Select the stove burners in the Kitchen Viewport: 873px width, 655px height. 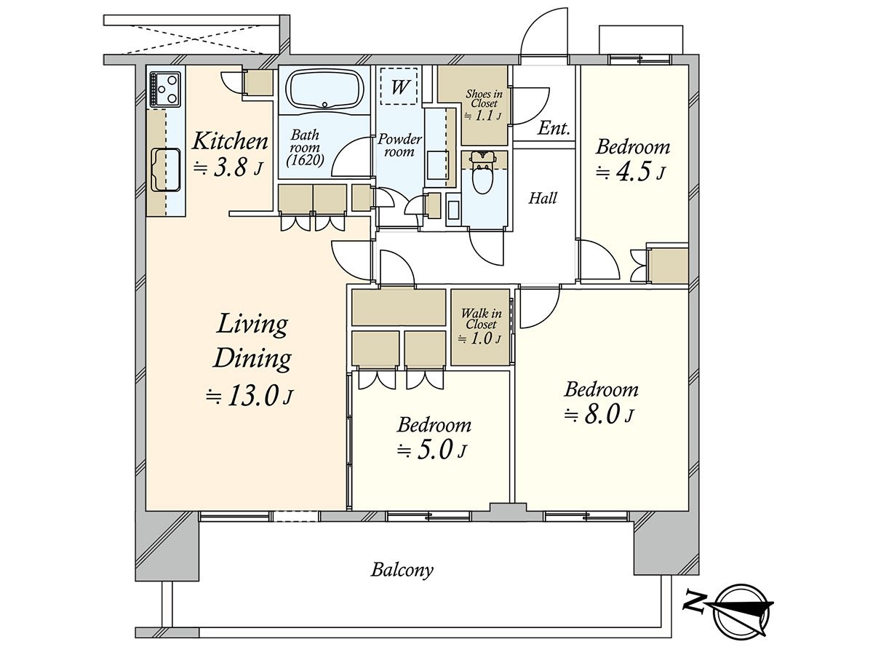tap(166, 89)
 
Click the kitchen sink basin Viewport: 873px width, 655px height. tap(166, 168)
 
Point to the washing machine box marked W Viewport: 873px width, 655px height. tap(399, 87)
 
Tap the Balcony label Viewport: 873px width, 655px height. tap(402, 569)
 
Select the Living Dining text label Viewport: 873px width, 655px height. tap(252, 341)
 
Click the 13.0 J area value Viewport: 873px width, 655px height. tap(250, 396)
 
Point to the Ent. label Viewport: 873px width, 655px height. tap(554, 130)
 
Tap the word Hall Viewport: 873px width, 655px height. tap(543, 198)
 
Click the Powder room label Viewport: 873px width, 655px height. tap(399, 145)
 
